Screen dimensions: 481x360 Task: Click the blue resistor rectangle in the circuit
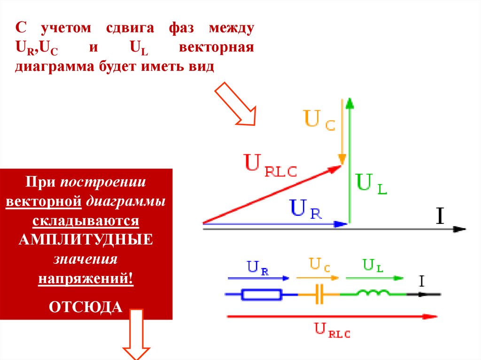click(x=262, y=295)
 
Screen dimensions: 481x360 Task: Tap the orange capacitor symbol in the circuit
click(x=319, y=295)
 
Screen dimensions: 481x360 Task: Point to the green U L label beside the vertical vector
click(x=372, y=184)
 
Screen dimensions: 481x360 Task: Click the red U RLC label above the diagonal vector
click(x=271, y=165)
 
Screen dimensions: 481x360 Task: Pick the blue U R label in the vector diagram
click(x=306, y=209)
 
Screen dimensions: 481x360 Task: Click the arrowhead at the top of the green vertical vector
click(x=349, y=103)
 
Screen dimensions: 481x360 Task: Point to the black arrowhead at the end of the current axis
click(x=460, y=229)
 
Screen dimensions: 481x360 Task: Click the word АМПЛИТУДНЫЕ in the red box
click(x=86, y=239)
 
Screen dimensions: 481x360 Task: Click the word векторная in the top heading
click(x=217, y=48)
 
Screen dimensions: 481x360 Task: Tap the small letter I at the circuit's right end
click(x=421, y=282)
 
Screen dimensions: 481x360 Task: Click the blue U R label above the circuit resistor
click(x=258, y=268)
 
